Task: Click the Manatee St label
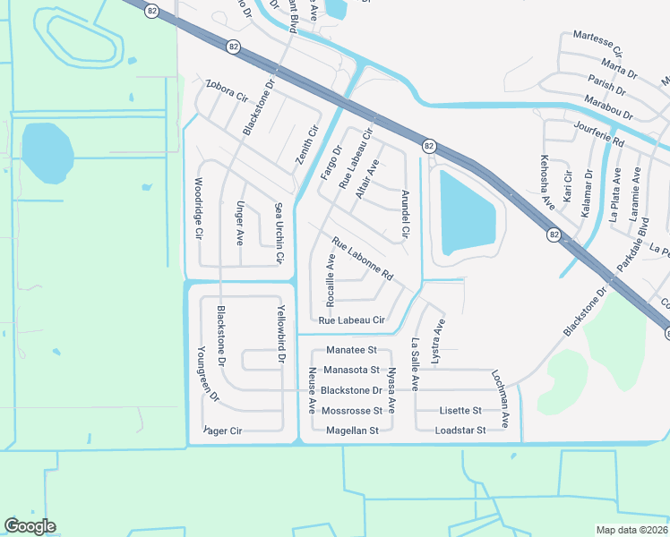[351, 350]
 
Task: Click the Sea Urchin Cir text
[279, 233]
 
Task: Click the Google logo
[30, 526]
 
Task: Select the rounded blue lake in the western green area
[45, 153]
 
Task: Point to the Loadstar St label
[460, 430]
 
